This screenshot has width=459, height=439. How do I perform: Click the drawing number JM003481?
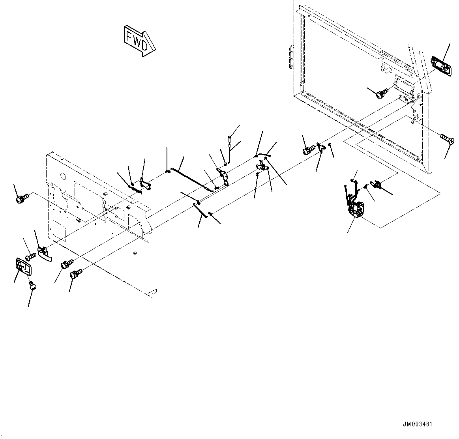tap(418, 424)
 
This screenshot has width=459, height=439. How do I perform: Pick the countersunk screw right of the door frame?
tap(447, 138)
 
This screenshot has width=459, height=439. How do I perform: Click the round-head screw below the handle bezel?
tap(32, 286)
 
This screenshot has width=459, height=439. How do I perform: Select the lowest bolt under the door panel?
tap(75, 274)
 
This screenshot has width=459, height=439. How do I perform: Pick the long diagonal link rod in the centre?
tap(192, 179)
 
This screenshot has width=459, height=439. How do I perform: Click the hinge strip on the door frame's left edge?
tap(291, 56)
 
